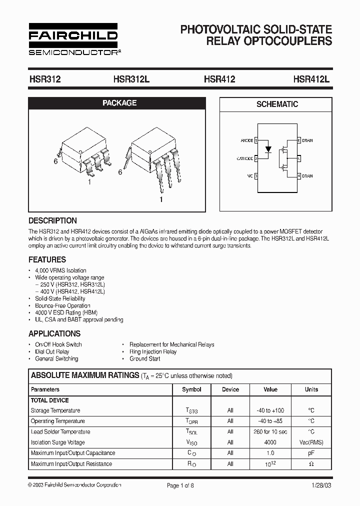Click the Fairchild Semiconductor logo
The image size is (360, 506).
pos(73,38)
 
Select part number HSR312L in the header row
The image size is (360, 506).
pos(131,79)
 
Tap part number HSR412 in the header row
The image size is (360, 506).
pos(219,79)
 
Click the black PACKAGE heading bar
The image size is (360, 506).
pos(119,103)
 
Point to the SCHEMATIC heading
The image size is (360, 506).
pos(277,104)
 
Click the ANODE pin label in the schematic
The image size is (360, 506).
pos(246,140)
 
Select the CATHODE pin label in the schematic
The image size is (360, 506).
pos(244,158)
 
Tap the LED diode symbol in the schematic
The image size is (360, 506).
pos(268,149)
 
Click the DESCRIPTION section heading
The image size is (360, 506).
pos(52,220)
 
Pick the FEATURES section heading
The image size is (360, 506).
pos(47,260)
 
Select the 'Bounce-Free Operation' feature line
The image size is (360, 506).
pos(62,305)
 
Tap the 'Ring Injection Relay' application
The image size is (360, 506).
pos(153,351)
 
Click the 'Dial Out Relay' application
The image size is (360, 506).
pos(52,351)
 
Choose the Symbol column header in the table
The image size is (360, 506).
pos(191,389)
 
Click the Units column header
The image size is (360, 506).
pos(311,389)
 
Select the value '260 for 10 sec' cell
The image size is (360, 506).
pos(270,431)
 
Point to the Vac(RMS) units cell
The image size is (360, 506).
pos(311,442)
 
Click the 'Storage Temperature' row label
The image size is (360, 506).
pos(55,410)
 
